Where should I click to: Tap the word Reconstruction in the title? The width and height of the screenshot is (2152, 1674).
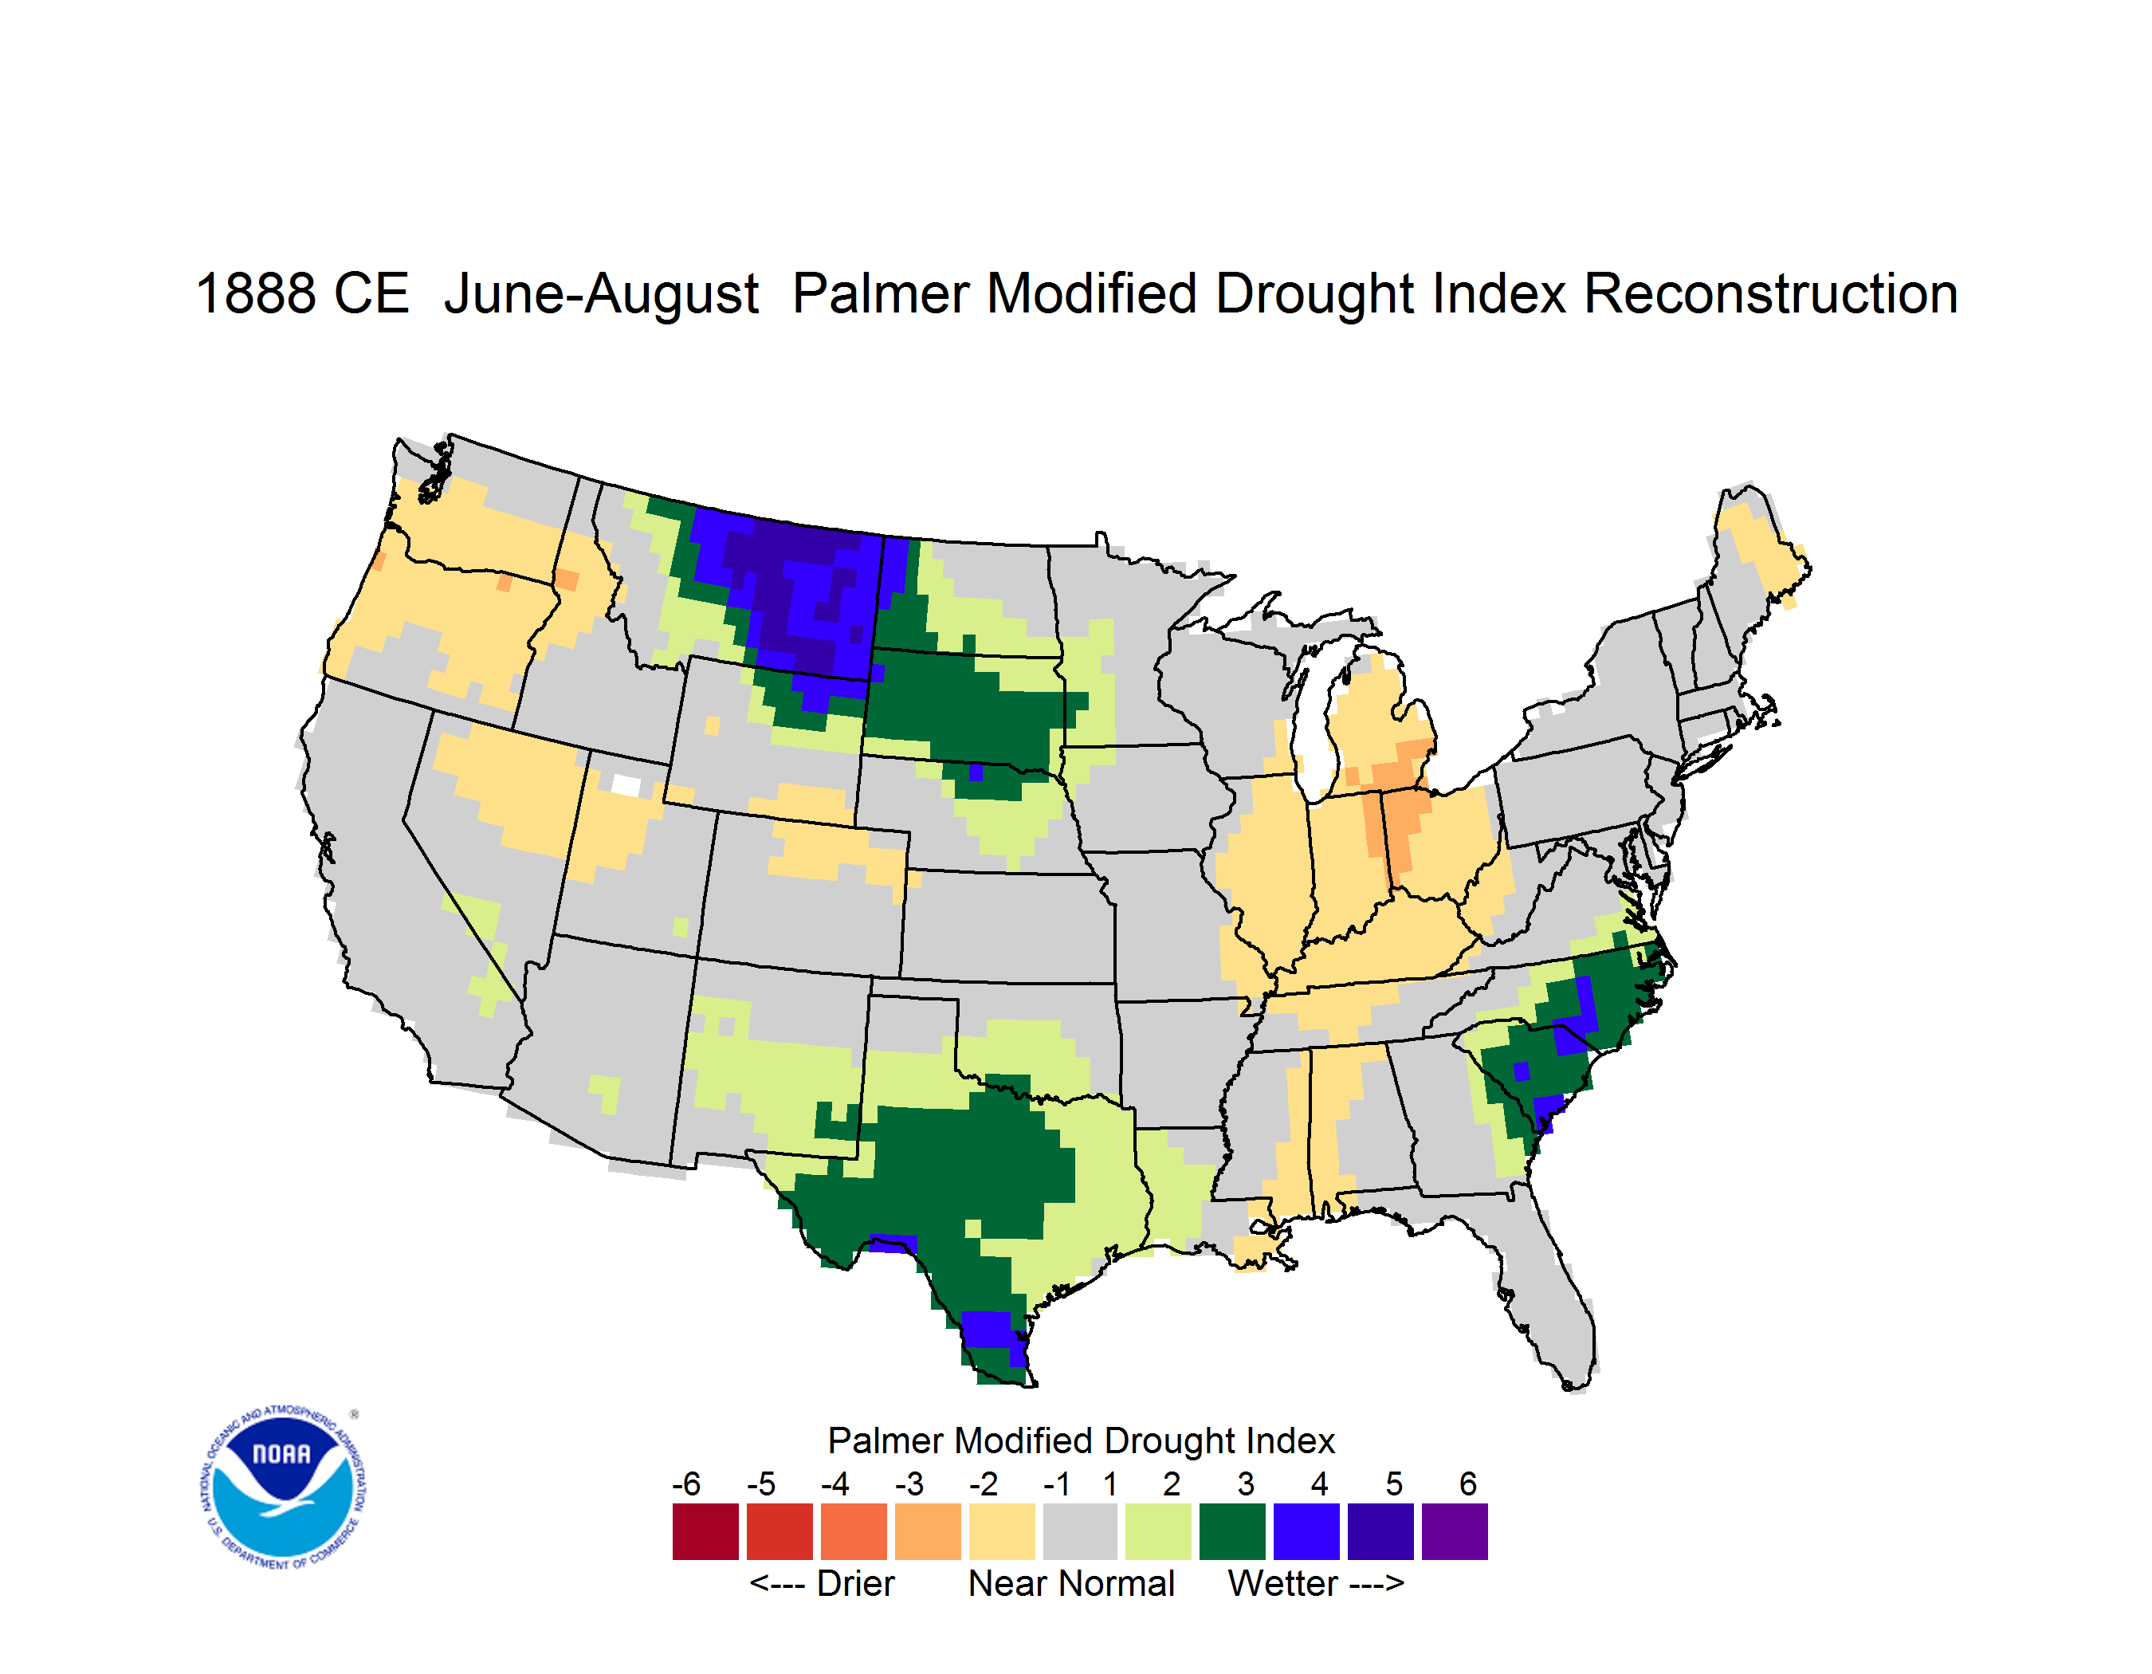click(1771, 293)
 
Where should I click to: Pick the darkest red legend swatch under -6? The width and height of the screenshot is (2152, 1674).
click(705, 1531)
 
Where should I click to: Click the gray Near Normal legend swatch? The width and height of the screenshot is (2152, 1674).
click(1080, 1531)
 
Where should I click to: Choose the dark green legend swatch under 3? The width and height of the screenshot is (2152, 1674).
click(1231, 1531)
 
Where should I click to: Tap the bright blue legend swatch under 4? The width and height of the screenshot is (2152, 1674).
click(1306, 1531)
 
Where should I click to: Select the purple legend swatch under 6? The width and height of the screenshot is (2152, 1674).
click(1455, 1531)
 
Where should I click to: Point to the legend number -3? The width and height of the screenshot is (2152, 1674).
click(909, 1483)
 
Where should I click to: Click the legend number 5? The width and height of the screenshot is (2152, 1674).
click(1394, 1483)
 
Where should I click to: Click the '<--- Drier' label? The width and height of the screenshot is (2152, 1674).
click(822, 1583)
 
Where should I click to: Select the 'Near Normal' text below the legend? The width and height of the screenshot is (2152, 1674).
click(1071, 1583)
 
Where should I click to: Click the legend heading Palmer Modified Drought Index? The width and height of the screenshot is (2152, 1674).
click(1081, 1440)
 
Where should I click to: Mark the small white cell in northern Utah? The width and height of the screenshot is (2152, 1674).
click(626, 785)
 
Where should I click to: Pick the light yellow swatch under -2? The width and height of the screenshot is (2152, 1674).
click(1002, 1531)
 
